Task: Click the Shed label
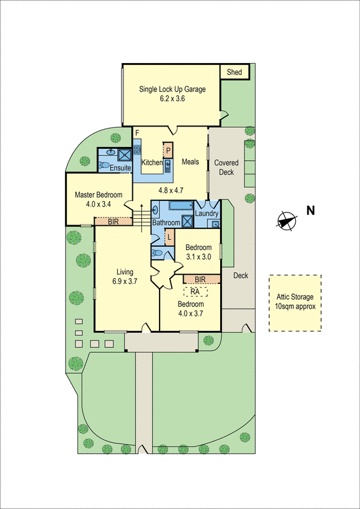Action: (x=234, y=73)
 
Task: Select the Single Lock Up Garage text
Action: (x=172, y=89)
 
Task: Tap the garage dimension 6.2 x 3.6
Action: (x=172, y=99)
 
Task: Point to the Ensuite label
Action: (x=120, y=167)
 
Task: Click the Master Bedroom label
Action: (x=98, y=194)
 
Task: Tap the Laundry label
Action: (x=207, y=214)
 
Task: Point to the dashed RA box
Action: (x=196, y=291)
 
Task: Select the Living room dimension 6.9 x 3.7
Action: (x=125, y=282)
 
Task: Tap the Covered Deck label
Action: (x=226, y=167)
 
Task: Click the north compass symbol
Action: (x=287, y=220)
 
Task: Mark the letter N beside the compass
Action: (x=310, y=211)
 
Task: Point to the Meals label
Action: (x=191, y=163)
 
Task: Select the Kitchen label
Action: (x=152, y=163)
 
